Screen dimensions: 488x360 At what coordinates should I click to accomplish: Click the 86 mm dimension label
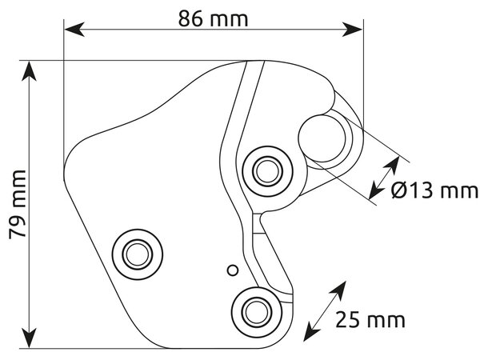[x=213, y=19]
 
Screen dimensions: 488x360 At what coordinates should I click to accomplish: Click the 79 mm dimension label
[x=18, y=205]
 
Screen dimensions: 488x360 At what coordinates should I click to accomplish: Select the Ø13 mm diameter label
[x=434, y=190]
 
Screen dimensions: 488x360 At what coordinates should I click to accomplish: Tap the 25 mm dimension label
[x=370, y=319]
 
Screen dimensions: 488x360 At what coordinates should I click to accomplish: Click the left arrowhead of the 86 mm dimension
[x=74, y=30]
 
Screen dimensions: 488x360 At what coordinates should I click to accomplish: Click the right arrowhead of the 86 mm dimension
[x=352, y=30]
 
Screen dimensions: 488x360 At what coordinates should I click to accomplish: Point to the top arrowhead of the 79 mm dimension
[x=30, y=71]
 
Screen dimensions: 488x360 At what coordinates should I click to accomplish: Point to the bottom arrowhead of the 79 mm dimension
[x=30, y=338]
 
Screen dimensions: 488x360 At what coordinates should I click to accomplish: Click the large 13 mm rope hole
[x=322, y=138]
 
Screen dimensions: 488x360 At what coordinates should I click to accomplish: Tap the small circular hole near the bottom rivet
[x=233, y=270]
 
